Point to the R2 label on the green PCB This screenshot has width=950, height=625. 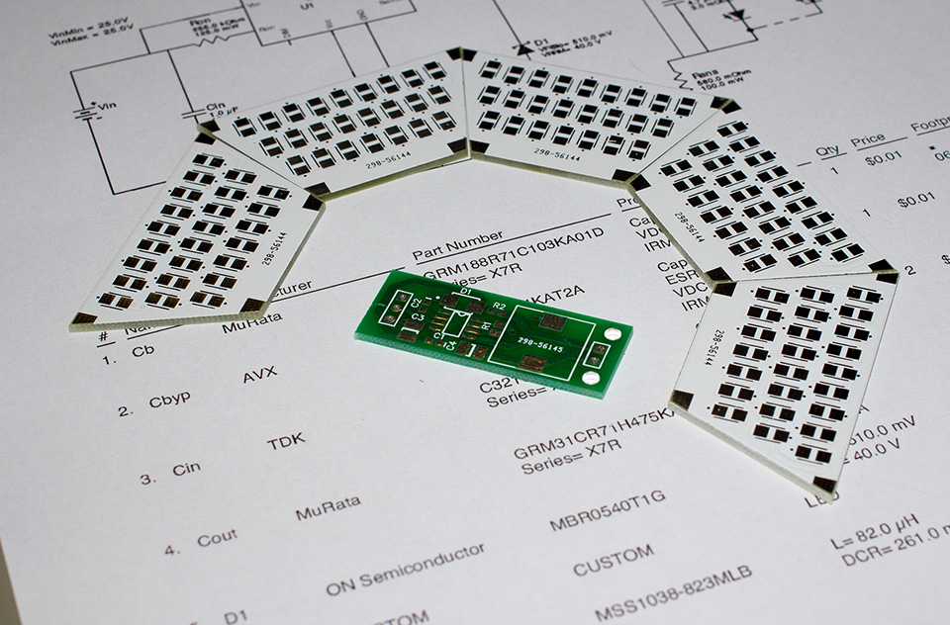[499, 308]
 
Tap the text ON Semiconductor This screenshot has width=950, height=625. [406, 570]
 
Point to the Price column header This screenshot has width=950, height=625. [868, 140]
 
